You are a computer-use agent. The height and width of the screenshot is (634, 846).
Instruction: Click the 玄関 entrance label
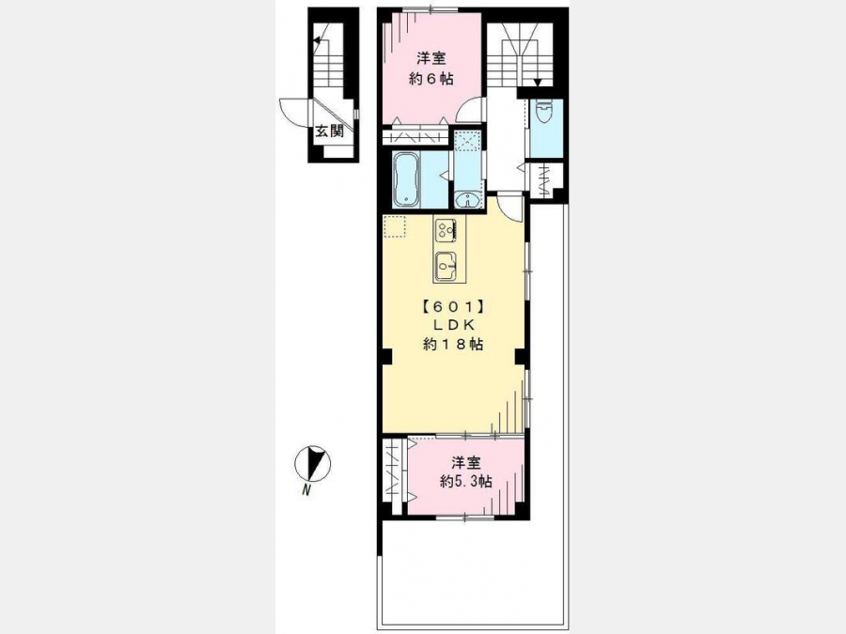[x=330, y=131]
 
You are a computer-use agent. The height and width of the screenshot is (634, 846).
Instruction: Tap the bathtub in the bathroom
[x=406, y=180]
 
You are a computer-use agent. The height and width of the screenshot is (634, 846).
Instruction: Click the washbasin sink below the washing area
[x=467, y=200]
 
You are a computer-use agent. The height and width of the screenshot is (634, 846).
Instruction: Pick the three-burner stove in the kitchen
[x=446, y=230]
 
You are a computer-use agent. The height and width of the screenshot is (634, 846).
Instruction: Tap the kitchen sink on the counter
[x=446, y=265]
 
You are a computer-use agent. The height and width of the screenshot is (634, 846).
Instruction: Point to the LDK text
[x=453, y=325]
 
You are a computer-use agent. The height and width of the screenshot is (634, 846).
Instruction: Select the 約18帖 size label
[x=453, y=345]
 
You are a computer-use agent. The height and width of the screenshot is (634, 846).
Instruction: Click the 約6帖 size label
[x=431, y=79]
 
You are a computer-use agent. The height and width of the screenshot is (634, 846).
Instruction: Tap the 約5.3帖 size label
[x=465, y=481]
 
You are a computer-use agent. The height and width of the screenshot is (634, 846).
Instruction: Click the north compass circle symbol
[x=312, y=463]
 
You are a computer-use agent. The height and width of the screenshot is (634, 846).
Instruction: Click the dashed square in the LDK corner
[x=395, y=226]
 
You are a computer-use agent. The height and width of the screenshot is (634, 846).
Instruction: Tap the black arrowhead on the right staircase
[x=538, y=83]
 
